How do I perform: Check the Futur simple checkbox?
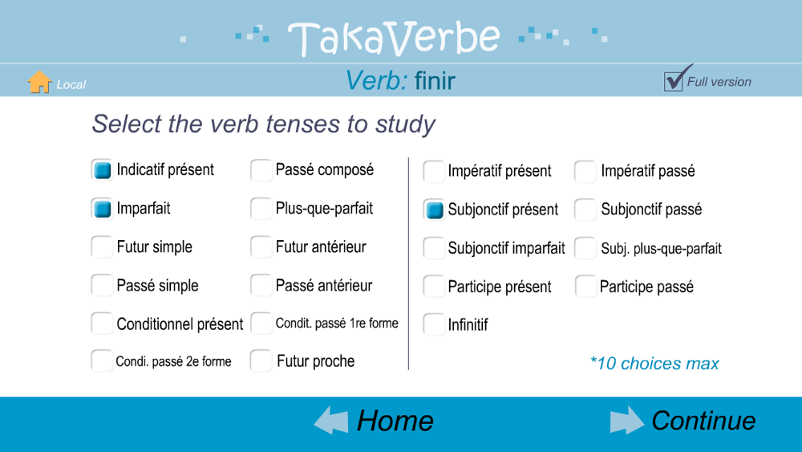pos(102,246)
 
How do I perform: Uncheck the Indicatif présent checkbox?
pos(102,169)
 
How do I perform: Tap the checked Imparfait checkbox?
pos(102,209)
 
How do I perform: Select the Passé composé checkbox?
pos(261,170)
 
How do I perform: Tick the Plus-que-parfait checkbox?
pos(261,209)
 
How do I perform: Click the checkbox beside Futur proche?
pos(261,361)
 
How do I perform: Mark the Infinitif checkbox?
pos(434,324)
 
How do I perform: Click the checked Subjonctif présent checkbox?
pos(434,210)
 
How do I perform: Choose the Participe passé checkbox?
pos(585,286)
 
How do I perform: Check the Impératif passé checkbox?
pos(585,171)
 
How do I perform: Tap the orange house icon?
pos(39,82)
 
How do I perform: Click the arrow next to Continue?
pos(627,421)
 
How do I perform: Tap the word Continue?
pos(704,421)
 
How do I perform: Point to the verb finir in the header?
pos(435,81)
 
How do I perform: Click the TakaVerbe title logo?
pos(395,39)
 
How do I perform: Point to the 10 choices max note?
pos(654,364)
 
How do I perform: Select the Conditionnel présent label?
pos(180,324)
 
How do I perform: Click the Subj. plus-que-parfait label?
pos(662,249)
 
